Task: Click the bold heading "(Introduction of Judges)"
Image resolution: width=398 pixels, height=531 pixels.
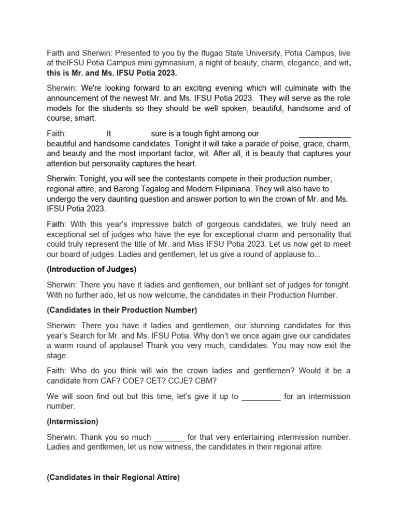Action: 91,269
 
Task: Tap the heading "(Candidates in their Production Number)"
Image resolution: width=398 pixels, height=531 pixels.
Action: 122,310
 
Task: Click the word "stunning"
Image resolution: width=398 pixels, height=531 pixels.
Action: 258,326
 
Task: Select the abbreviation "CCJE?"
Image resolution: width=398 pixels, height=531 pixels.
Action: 176,381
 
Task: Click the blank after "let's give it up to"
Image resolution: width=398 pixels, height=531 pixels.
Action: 261,397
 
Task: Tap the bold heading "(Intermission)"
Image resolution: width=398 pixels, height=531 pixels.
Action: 73,422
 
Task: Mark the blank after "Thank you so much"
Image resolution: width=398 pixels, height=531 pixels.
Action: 169,437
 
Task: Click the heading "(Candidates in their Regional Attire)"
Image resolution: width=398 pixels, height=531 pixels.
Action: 113,478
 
